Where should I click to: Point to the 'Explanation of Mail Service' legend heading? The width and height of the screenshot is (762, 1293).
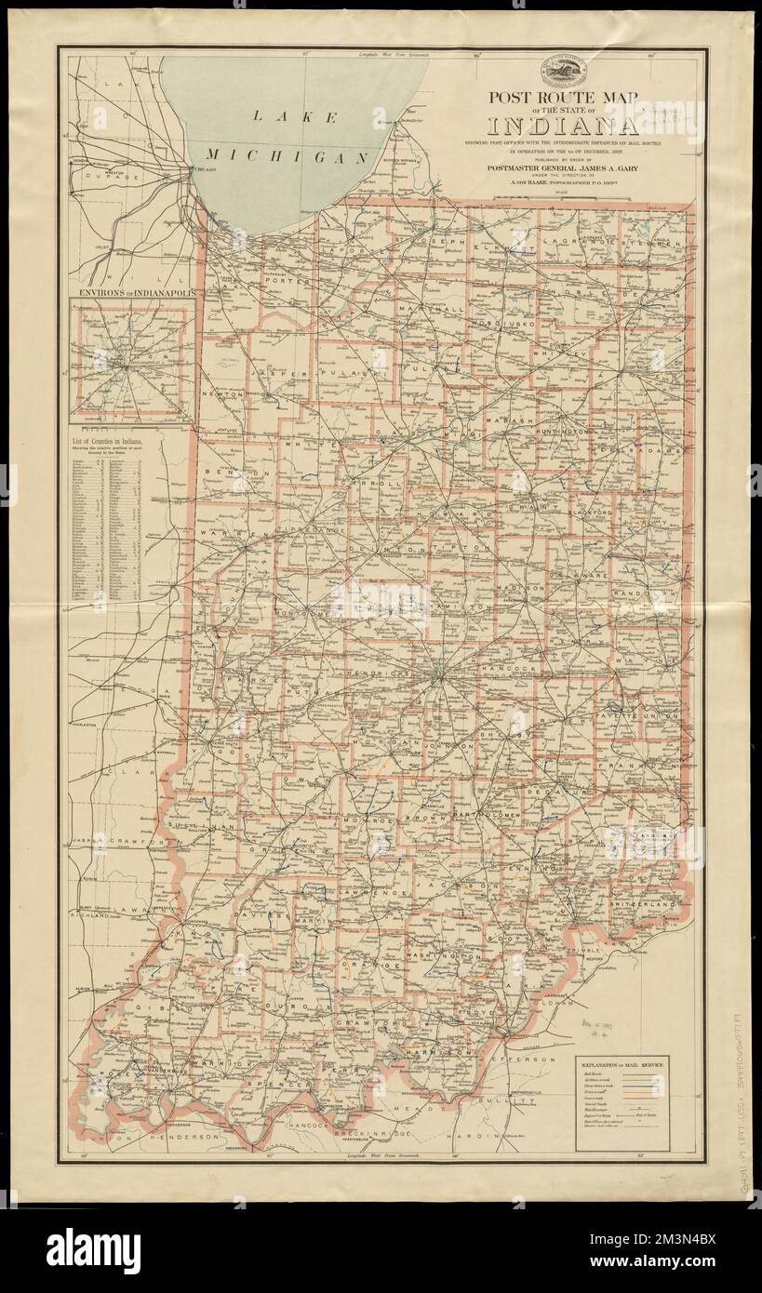pos(622,1061)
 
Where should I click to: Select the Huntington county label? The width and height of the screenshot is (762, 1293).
pos(563,433)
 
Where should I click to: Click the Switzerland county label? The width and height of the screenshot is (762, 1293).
pos(641,903)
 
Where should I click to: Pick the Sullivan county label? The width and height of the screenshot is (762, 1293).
pos(199,825)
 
